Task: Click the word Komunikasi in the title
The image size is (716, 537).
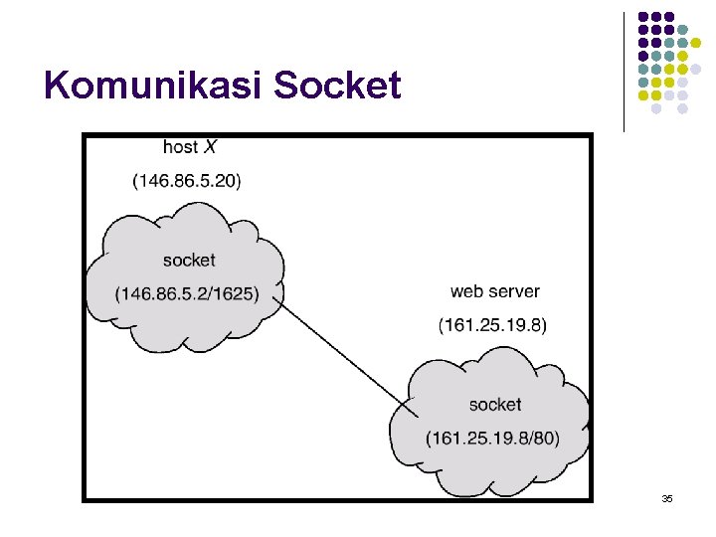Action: click(154, 87)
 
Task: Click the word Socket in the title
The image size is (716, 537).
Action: click(337, 87)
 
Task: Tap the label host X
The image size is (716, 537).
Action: click(189, 147)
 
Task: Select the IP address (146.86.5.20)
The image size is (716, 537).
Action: click(186, 180)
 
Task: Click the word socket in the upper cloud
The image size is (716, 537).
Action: click(188, 260)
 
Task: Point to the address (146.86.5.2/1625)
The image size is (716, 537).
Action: click(186, 293)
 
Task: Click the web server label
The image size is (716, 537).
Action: click(494, 291)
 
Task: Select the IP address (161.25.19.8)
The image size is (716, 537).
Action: click(492, 325)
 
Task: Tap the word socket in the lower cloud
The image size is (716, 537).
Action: click(494, 405)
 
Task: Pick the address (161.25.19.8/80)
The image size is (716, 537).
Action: click(491, 439)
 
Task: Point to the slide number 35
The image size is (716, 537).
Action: click(667, 497)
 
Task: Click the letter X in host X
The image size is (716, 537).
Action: click(210, 147)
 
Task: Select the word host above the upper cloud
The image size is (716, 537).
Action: click(180, 147)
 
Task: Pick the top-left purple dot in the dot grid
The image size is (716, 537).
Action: click(643, 17)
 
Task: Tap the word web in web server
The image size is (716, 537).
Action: click(466, 291)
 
